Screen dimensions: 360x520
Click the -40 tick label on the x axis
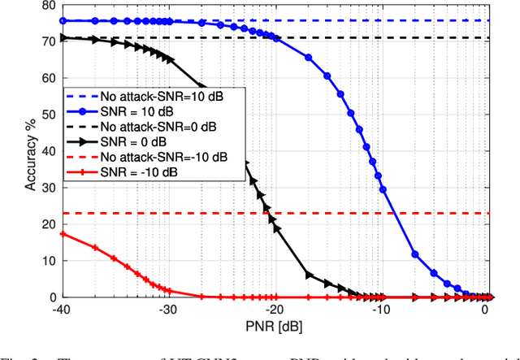(60, 310)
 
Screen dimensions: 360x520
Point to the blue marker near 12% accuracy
(415, 254)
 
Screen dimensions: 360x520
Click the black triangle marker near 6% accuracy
(308, 275)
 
